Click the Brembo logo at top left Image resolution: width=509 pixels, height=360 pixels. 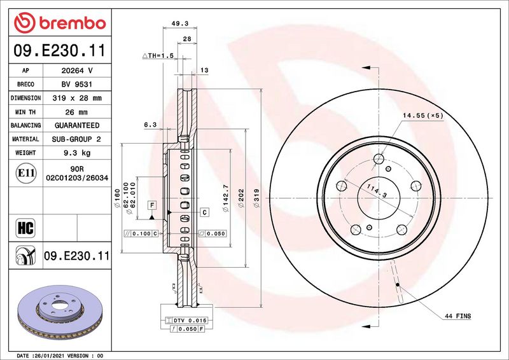click(x=60, y=23)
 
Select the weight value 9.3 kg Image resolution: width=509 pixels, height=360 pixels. click(x=77, y=153)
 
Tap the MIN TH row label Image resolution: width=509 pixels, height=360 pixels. click(x=25, y=112)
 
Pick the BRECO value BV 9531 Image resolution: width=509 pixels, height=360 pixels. click(x=77, y=85)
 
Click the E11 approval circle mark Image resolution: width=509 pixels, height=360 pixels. click(x=26, y=173)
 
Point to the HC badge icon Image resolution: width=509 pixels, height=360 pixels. click(x=25, y=228)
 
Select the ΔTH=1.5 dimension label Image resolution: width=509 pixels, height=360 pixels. click(x=158, y=55)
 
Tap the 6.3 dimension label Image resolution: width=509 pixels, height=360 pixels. click(x=150, y=125)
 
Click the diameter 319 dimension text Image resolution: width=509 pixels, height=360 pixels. click(x=256, y=198)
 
